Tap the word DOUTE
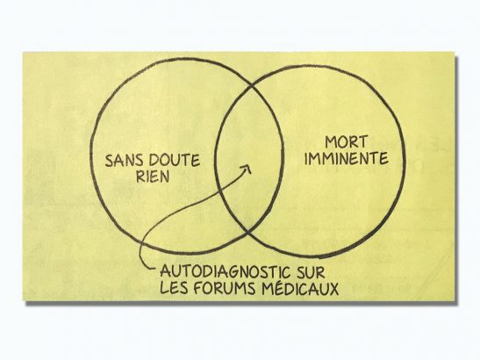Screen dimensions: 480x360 coord(176,160)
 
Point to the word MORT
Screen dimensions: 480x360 coord(347,142)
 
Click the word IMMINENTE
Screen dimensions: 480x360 coord(347,158)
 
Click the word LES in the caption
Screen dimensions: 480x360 coord(174,287)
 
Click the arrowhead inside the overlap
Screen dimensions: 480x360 coord(247,169)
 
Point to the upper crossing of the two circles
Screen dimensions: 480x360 coord(252,86)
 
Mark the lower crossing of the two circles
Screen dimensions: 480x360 coord(248,232)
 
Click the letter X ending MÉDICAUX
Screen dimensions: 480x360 coord(333,289)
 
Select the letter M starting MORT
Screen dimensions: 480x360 coord(331,142)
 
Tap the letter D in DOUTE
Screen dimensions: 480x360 coord(155,160)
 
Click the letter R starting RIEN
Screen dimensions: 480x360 coord(140,176)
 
